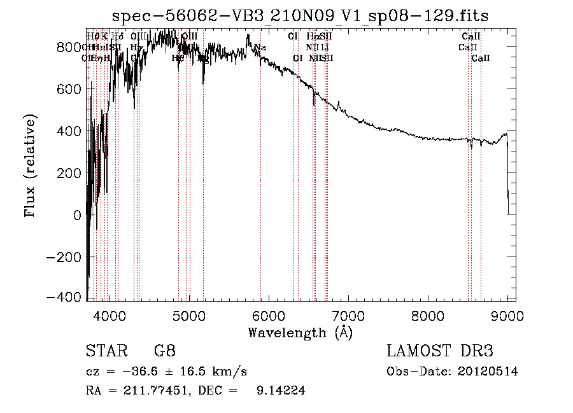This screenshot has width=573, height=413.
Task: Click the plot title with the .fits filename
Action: coord(300,15)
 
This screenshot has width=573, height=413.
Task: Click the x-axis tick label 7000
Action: coord(348,316)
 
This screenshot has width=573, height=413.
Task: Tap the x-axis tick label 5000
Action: coord(189,316)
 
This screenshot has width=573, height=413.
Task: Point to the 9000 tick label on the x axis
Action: coord(507,316)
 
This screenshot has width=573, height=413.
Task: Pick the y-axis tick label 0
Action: coord(77,215)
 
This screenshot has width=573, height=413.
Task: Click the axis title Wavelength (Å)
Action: coord(300,332)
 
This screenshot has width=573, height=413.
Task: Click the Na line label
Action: coord(260,48)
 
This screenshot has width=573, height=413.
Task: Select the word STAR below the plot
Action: coord(102,351)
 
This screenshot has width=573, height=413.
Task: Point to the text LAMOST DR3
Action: coord(440,351)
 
